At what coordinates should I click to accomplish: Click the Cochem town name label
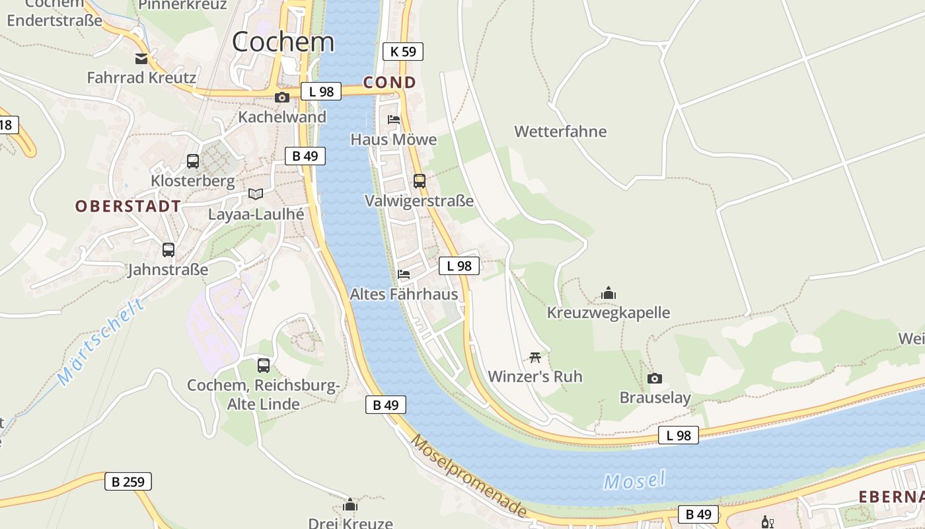pyautogui.click(x=283, y=42)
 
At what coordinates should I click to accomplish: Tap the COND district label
pyautogui.click(x=390, y=83)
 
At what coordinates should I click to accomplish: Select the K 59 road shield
pyautogui.click(x=402, y=52)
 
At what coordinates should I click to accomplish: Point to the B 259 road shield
pyautogui.click(x=128, y=481)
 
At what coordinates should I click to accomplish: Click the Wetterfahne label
pyautogui.click(x=560, y=132)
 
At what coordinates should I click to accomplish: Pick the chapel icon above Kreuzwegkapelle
pyautogui.click(x=609, y=293)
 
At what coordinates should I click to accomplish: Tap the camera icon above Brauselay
pyautogui.click(x=655, y=378)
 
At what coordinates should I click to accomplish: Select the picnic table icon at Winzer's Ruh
pyautogui.click(x=535, y=358)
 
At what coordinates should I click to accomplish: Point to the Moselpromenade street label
pyautogui.click(x=470, y=475)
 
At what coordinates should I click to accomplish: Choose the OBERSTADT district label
pyautogui.click(x=128, y=206)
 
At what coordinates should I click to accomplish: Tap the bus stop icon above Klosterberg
pyautogui.click(x=193, y=161)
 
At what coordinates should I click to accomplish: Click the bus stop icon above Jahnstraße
pyautogui.click(x=168, y=250)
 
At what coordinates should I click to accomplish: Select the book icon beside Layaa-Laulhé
pyautogui.click(x=256, y=194)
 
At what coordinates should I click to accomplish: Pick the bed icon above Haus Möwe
pyautogui.click(x=394, y=120)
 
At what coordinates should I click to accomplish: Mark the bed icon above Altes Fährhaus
pyautogui.click(x=404, y=274)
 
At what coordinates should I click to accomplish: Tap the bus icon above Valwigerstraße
pyautogui.click(x=420, y=181)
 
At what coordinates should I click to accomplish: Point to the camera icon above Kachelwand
pyautogui.click(x=282, y=97)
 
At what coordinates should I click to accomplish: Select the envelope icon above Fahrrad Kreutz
pyautogui.click(x=141, y=59)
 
